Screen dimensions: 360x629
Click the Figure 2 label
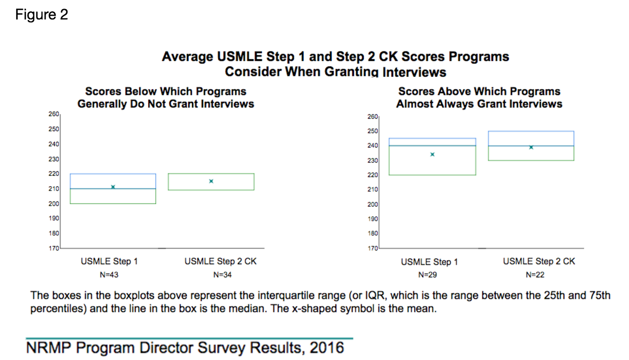point(42,15)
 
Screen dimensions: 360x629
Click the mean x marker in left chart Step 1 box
point(113,187)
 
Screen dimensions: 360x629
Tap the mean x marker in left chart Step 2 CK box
point(211,181)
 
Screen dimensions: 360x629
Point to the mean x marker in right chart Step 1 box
point(433,154)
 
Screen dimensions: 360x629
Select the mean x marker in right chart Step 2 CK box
point(531,147)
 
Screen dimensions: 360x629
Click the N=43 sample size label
point(109,275)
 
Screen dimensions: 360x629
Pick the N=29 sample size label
point(429,275)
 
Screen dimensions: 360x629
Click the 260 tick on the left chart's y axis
point(54,114)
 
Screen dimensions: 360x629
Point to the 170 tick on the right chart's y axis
point(372,248)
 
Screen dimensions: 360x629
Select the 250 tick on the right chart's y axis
point(372,131)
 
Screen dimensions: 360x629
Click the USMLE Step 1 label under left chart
point(109,261)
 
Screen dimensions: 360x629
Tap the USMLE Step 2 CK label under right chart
point(539,261)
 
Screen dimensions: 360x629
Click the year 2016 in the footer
point(327,347)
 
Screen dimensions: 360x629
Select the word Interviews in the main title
point(414,71)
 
